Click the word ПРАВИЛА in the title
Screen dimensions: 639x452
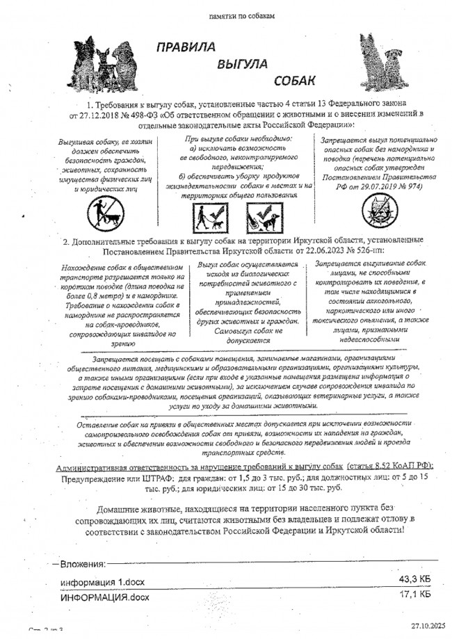tap(185, 47)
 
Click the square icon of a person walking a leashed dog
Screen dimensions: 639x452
tap(208, 217)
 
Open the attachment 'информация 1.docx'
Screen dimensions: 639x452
tap(102, 581)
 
